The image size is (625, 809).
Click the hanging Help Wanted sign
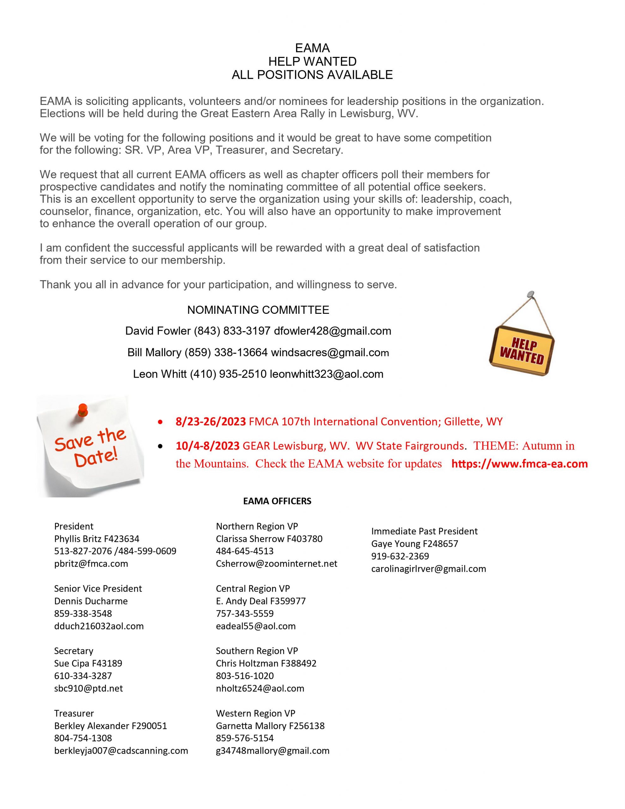click(522, 350)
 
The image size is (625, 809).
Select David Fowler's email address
click(332, 331)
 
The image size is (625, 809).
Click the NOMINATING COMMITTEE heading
click(258, 310)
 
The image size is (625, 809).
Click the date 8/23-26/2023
click(210, 422)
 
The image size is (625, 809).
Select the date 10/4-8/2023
click(208, 446)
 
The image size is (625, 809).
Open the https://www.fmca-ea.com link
click(519, 464)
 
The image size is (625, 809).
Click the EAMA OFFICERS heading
click(277, 501)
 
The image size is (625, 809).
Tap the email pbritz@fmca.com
click(91, 563)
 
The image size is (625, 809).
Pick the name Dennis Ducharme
click(91, 601)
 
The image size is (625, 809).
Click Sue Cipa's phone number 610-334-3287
click(83, 676)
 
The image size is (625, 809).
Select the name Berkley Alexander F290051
click(110, 726)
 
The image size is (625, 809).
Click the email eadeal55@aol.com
click(256, 626)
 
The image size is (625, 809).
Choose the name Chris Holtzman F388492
click(266, 663)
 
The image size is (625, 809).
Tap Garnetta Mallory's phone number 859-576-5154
click(245, 738)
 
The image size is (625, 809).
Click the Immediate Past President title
click(424, 531)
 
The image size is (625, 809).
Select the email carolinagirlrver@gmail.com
click(428, 569)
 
